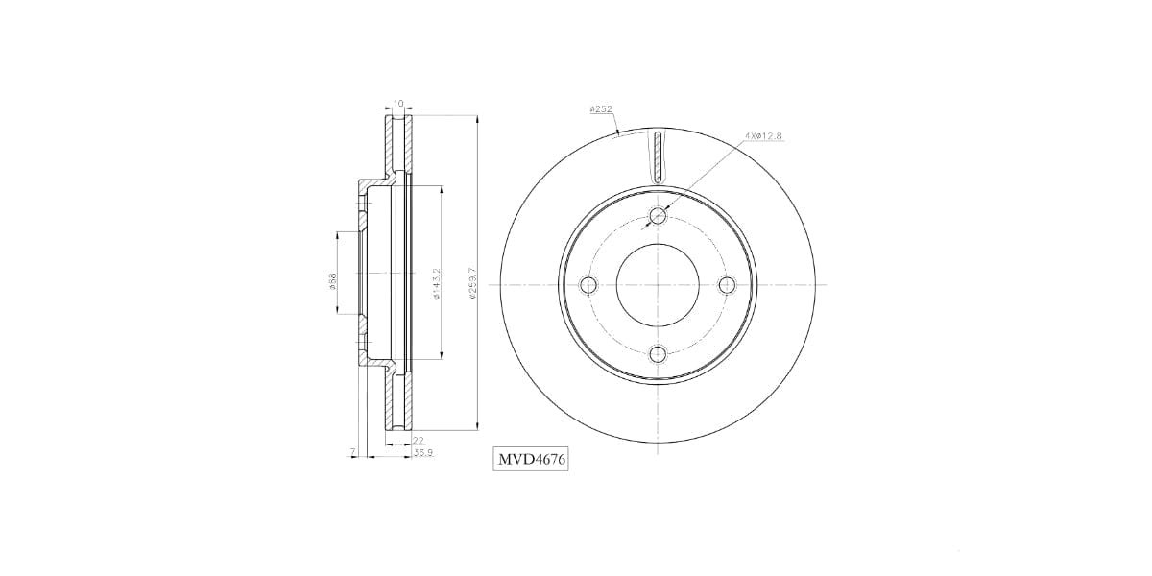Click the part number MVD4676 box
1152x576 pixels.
click(531, 460)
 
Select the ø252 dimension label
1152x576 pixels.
click(601, 109)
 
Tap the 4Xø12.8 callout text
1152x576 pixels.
click(764, 136)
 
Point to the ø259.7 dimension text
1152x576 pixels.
click(472, 284)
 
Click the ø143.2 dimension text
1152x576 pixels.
click(436, 284)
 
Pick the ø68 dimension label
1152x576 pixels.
click(332, 284)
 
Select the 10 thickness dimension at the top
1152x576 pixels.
click(398, 103)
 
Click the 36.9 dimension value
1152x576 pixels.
click(422, 452)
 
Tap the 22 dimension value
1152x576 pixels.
click(418, 440)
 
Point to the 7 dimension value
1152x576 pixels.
click(353, 450)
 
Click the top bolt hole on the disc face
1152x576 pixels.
click(658, 216)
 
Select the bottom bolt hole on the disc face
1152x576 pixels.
click(658, 354)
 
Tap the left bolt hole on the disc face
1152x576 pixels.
click(588, 285)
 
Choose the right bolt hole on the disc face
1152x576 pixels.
click(727, 285)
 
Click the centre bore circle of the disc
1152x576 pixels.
click(658, 285)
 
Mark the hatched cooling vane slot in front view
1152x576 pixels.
click(658, 156)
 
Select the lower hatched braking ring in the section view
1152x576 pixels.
click(398, 403)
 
